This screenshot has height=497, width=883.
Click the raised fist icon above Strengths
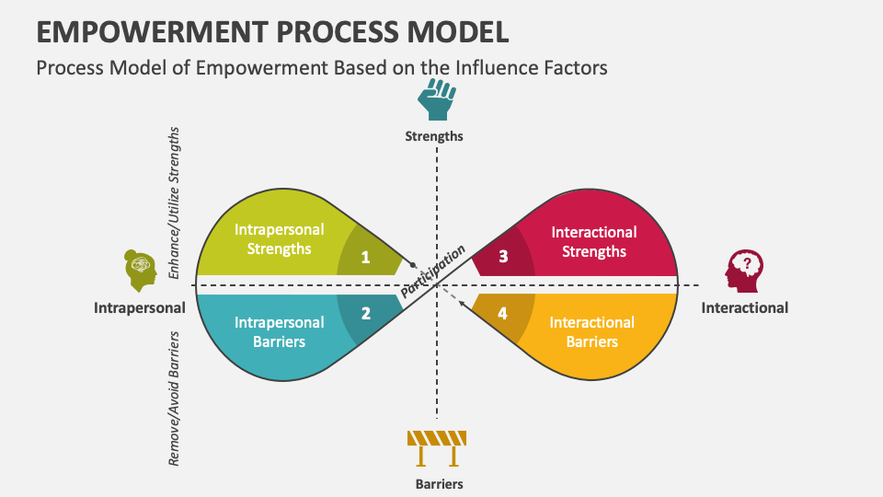436,99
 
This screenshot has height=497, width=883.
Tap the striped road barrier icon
437,448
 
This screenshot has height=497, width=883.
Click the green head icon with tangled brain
140,271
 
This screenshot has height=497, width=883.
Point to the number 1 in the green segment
365,258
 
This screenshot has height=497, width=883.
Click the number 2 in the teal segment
365,313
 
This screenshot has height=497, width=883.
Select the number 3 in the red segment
503,257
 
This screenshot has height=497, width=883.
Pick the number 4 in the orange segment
502,314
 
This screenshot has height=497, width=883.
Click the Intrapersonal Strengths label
272,239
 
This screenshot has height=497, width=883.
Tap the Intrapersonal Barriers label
279,331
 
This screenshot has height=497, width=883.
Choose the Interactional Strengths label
593,241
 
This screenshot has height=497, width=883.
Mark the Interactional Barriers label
592,331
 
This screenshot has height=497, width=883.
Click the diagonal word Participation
434,271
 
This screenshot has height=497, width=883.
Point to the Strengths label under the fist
434,136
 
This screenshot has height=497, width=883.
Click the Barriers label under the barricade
436,483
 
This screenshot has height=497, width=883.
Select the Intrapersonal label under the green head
140,307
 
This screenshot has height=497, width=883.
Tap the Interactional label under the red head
744,307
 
